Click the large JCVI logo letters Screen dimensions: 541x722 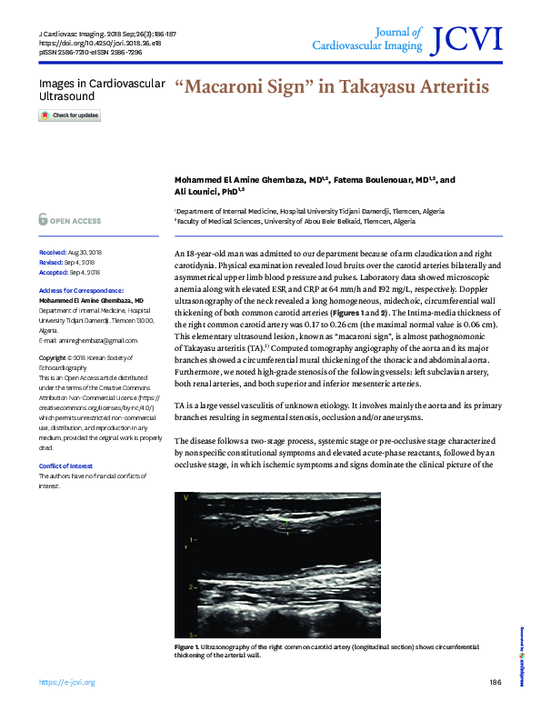[468, 38]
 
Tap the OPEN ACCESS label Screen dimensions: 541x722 [75, 221]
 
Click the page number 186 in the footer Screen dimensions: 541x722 [495, 682]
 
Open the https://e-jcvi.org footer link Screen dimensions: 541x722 [66, 682]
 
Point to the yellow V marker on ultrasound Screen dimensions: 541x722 [185, 497]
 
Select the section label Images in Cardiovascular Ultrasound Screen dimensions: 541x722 [101, 89]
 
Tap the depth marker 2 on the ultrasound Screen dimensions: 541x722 [190, 587]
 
